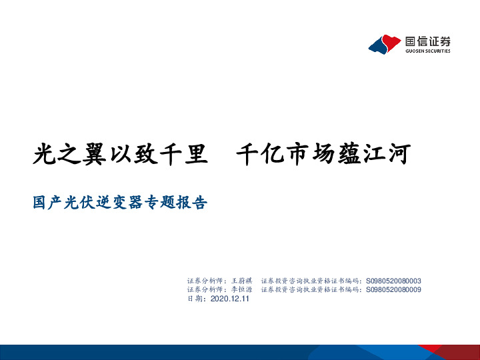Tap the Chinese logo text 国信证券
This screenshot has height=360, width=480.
coord(428,41)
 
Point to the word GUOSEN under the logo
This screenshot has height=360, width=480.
coord(415,51)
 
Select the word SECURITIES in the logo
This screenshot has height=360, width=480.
coord(438,51)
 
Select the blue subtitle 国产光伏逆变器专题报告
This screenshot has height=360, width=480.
coord(120,202)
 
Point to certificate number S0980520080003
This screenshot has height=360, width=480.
coord(394,281)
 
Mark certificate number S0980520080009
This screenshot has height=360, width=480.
coord(394,289)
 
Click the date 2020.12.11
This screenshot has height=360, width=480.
coord(229,299)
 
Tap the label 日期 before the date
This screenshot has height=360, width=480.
coord(196,299)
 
